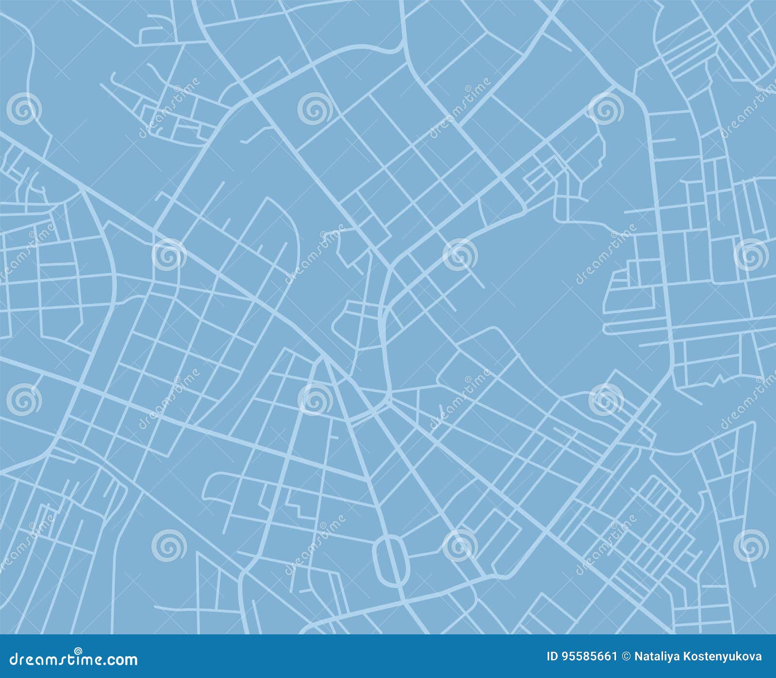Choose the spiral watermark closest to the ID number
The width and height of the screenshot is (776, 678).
click(x=751, y=546)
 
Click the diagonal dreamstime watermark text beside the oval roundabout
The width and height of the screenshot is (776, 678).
click(x=315, y=546)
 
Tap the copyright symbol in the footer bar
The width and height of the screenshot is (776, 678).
click(x=627, y=657)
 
